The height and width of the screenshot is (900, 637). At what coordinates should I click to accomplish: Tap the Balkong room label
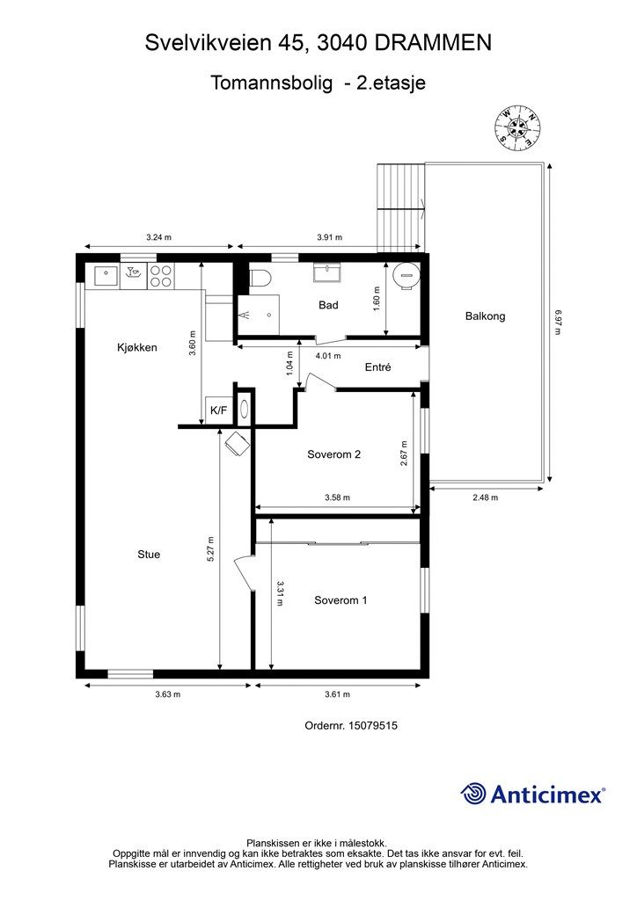point(486,316)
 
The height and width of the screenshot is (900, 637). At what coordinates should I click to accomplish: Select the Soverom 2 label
point(333,454)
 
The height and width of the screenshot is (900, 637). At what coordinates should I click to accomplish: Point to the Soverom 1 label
point(340,600)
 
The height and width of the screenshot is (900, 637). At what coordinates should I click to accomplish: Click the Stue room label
point(149,555)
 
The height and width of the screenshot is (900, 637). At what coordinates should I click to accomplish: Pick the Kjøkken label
point(136,348)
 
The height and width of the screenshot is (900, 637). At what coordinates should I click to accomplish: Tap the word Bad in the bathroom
point(328,305)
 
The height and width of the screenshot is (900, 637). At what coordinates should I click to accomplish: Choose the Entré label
point(378,367)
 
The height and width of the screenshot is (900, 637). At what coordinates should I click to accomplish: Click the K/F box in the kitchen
point(219,410)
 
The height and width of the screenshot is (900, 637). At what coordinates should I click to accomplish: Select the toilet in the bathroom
point(260,278)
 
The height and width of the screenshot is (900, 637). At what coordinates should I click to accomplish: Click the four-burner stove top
point(161,276)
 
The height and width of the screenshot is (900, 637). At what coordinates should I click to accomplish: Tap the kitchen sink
point(106,276)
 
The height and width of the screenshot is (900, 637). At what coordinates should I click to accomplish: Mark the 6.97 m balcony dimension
point(558,323)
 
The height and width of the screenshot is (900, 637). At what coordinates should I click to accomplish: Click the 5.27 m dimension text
point(211,548)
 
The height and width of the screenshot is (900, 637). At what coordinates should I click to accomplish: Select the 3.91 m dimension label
point(330,237)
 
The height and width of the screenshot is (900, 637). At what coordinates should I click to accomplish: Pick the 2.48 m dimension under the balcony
point(486,497)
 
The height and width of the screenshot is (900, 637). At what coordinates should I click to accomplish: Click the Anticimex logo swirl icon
point(473,794)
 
